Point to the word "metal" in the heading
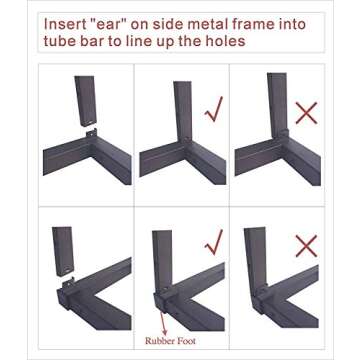coord(192,25)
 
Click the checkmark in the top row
coord(214,109)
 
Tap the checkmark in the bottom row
coord(214,242)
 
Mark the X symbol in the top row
coord(306,113)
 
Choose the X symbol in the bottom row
coord(306,246)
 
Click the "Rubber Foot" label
coord(170,341)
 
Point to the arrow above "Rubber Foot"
coord(163,323)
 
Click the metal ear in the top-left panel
coord(91,134)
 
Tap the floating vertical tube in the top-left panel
coord(85,101)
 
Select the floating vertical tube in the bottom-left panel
coord(63,251)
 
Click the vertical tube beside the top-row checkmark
coord(183,112)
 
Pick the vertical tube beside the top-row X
coord(277,105)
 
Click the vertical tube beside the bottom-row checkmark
coord(162,262)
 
